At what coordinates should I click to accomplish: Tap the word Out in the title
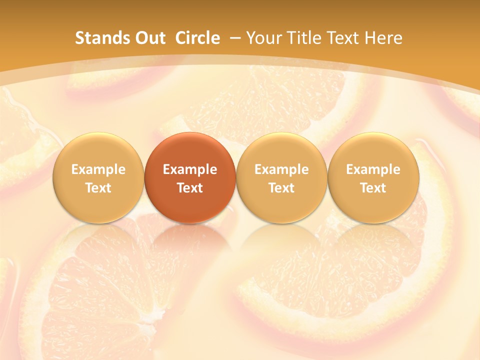(149, 38)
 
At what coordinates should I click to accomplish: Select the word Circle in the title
(197, 38)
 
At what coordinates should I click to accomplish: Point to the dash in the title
(234, 38)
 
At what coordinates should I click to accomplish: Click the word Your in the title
(264, 38)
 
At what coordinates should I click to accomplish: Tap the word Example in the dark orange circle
(190, 169)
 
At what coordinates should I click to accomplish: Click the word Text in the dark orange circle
(190, 188)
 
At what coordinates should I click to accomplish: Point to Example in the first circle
(98, 169)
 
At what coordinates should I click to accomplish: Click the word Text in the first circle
(98, 188)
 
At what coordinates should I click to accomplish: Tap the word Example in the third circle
(281, 169)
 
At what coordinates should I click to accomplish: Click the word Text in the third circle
(281, 188)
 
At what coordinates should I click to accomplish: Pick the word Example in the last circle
(373, 169)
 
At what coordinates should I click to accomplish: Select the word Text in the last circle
(373, 188)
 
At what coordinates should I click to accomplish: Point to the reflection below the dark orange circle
(190, 240)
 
